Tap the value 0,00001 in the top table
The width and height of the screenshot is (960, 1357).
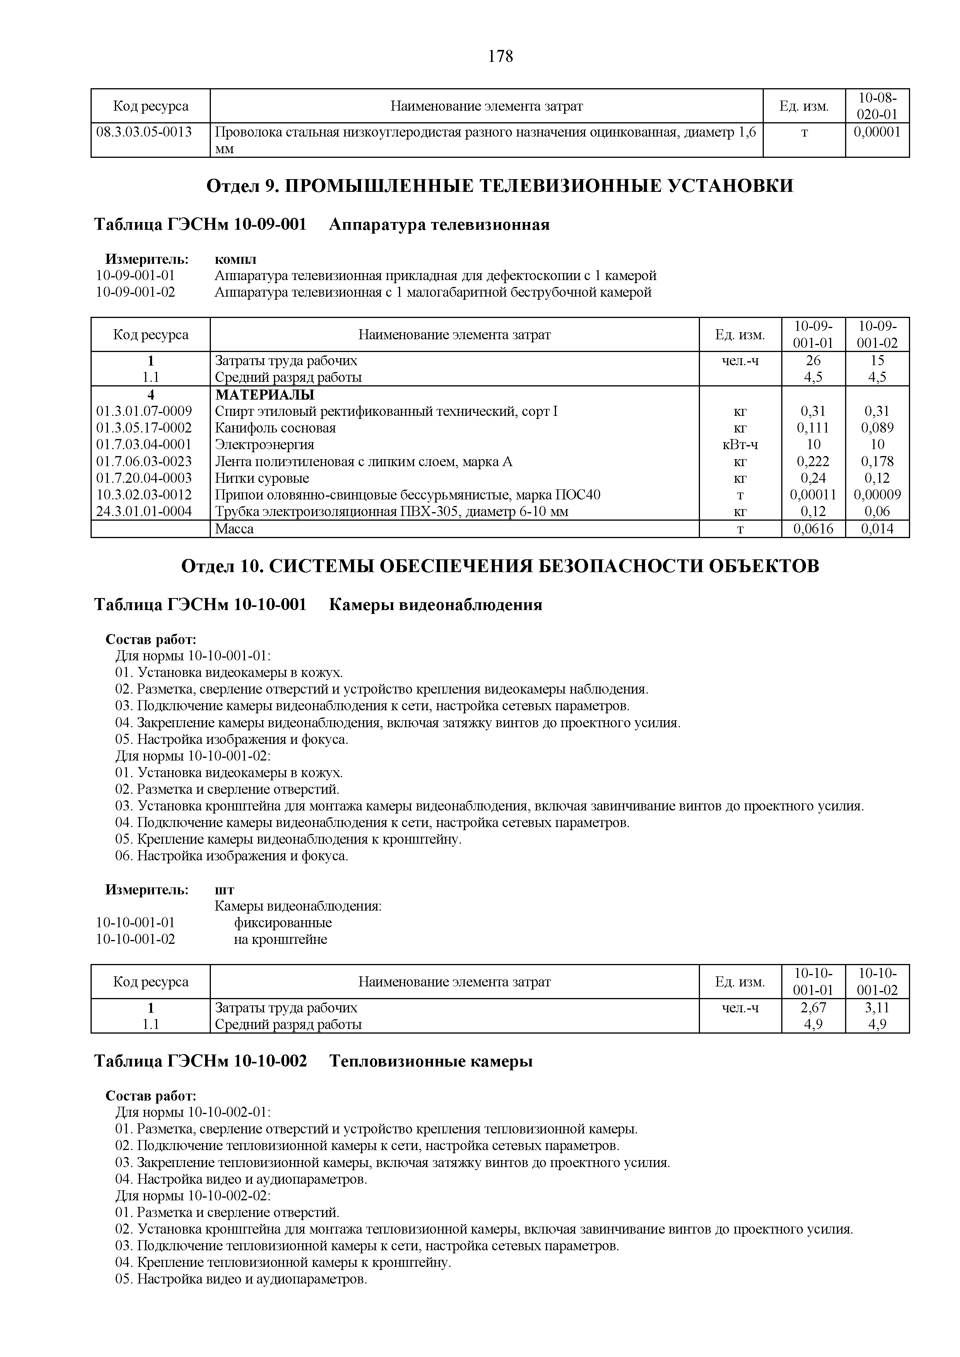coord(877,132)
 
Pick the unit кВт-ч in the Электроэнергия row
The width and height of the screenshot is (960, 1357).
coord(740,444)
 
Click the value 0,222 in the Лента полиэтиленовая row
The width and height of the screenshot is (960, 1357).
coord(813,461)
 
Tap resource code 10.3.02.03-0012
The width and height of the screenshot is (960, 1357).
coord(144,495)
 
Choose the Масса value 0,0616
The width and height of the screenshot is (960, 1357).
coord(813,529)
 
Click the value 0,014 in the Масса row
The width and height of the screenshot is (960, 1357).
coord(877,529)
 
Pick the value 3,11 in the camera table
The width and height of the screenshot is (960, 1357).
coord(877,1008)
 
